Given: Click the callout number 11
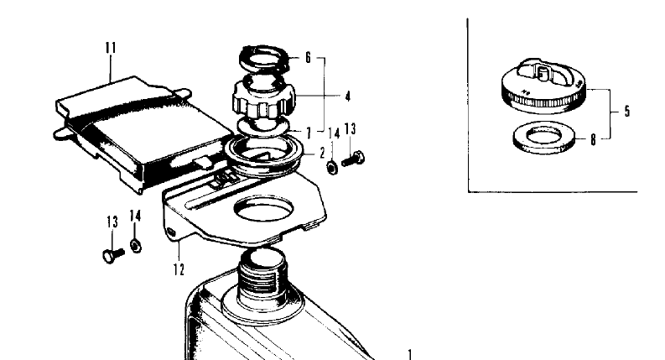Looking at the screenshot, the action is pos(111,48).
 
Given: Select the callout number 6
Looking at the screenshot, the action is pos(308,57).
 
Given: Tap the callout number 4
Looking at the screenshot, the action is pos(348,97).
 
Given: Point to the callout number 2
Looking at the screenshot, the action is pos(322,153).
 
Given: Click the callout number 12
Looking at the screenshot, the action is pos(179,269).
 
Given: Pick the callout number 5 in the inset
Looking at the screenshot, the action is pos(626,112).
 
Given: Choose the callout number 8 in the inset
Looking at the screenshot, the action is pos(593,139).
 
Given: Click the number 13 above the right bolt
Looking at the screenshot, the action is pos(350,128).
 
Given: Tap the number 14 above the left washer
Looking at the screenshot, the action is pos(135,216).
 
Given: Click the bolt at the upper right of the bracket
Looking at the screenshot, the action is pos(353,159).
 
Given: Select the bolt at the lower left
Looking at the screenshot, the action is pos(114,255).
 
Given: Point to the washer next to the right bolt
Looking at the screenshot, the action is pos(333,168).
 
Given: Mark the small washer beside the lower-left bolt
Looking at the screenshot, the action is pos(136,246).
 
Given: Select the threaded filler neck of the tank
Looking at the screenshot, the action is pos(262,277).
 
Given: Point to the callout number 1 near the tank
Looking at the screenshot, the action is pos(410,354).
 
